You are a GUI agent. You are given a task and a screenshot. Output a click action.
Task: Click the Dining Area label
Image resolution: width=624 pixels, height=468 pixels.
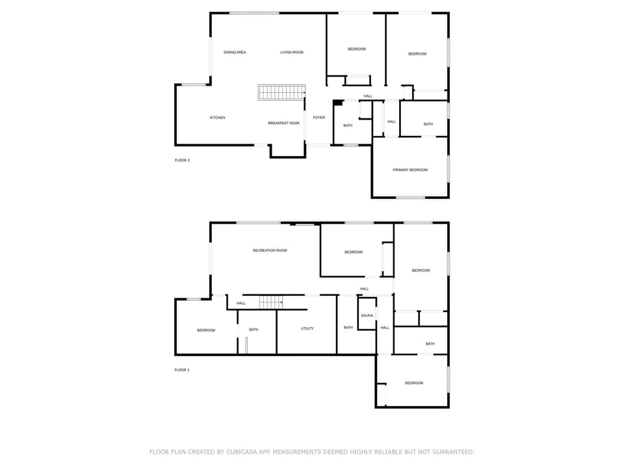235,52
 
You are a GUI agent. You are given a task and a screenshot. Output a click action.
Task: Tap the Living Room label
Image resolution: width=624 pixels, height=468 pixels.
292,52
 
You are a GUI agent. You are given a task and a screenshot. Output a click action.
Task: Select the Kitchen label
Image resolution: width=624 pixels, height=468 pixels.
217,118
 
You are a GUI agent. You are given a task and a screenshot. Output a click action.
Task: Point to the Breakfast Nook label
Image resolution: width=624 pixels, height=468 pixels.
284,123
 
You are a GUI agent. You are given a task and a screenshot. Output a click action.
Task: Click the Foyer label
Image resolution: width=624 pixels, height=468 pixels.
318,118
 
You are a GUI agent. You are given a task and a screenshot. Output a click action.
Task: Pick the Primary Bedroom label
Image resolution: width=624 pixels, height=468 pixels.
410,170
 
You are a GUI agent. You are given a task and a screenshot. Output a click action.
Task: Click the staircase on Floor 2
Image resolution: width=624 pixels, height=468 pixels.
281,92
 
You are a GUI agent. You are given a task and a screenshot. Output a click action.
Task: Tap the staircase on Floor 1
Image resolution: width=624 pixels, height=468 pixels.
271,302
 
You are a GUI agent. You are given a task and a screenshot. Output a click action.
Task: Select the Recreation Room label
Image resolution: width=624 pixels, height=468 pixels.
270,250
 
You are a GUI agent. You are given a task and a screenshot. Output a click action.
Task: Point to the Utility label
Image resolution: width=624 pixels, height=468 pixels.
307,328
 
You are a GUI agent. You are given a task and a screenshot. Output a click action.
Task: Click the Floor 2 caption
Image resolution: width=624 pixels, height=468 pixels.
182,161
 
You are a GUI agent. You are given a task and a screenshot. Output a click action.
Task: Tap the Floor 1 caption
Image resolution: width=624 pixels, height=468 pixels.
182,370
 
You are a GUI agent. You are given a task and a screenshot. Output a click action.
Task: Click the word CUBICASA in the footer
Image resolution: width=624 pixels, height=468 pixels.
242,452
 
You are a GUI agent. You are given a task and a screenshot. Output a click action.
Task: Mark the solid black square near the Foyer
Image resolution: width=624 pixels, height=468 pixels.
338,103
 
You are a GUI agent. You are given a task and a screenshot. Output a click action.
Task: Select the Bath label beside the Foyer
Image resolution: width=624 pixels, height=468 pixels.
348,125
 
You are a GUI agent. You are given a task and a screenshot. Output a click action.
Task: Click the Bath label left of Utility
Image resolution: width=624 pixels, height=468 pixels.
253,330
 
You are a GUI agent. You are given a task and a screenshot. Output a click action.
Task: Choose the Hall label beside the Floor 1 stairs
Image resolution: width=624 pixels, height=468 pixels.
241,304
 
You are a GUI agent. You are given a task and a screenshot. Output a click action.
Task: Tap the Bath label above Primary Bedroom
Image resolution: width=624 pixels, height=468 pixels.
428,124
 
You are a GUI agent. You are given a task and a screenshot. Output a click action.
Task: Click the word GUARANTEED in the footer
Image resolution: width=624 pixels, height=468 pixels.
454,452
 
